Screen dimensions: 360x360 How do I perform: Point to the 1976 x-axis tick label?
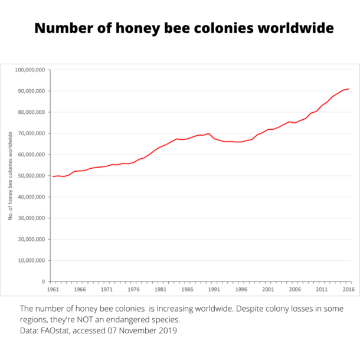click(134, 290)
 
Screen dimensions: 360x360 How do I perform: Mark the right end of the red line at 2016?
click(349, 89)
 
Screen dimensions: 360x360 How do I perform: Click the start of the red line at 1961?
click(52, 176)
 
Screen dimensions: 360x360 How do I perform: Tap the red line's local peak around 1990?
click(209, 133)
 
